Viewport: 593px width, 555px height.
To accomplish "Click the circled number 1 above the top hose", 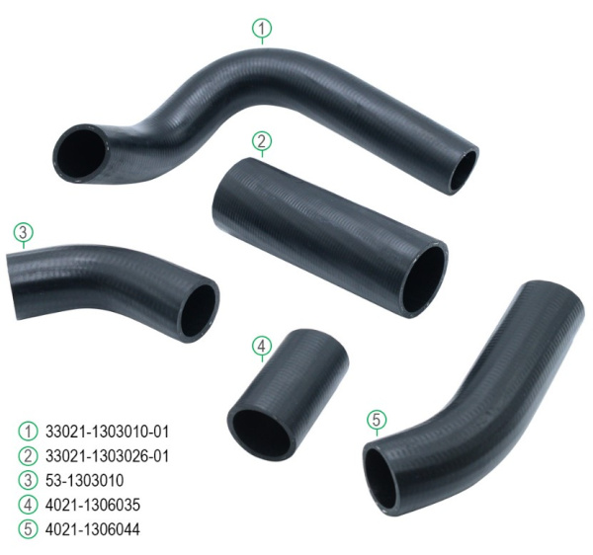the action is pos(262,29).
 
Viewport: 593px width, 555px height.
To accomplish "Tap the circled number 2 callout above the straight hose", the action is pos(262,141).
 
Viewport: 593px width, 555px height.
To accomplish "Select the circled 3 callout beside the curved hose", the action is pos(24,232).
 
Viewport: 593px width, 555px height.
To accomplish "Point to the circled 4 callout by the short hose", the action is pos(262,346).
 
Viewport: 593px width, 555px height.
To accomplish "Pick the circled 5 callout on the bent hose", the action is pos(377,420).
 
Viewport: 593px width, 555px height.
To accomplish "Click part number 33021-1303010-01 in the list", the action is pos(107,432).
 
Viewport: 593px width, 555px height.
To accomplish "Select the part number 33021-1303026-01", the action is pos(107,456).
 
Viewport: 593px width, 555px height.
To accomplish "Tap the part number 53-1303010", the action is pos(85,481).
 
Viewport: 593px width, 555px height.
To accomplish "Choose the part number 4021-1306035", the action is pos(93,505).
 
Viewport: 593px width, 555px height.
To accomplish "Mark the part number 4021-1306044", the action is pos(93,529).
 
